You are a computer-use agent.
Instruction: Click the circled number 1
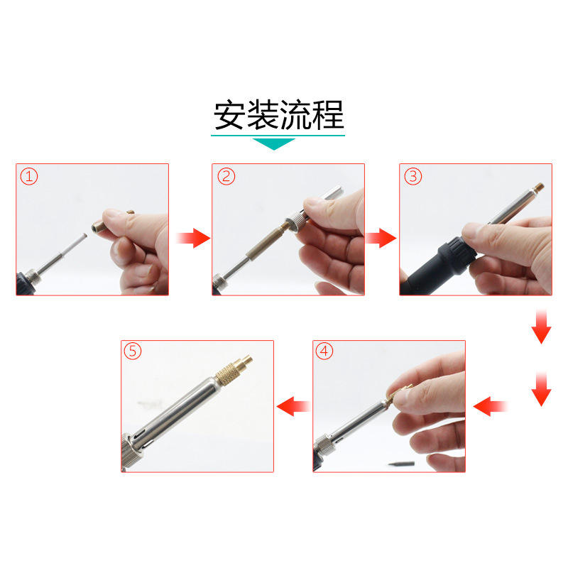tap(29, 177)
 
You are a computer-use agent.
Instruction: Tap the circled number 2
tap(226, 176)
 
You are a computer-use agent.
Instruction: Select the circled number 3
tap(413, 176)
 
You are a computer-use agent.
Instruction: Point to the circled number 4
tap(324, 351)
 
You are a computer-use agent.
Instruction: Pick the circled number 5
tap(133, 351)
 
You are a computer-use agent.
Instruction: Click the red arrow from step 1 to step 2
tap(193, 238)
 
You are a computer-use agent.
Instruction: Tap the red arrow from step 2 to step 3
tap(381, 238)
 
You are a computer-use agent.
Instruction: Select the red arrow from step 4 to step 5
tap(293, 406)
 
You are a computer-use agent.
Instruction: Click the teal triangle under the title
tap(274, 144)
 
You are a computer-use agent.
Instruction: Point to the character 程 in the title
tap(328, 115)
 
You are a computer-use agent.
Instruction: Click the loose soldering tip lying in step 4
tap(401, 464)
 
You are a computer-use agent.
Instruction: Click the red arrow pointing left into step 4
tap(490, 406)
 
